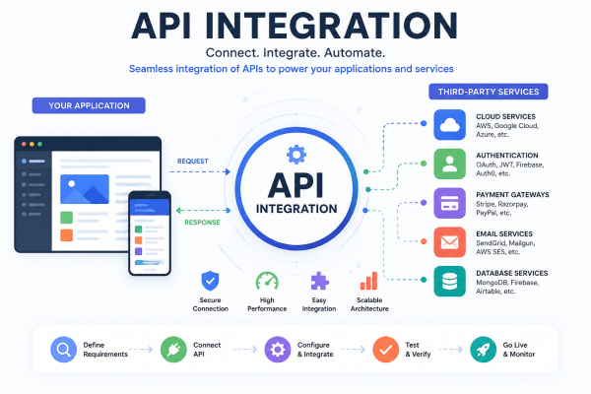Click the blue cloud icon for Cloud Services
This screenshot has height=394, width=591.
click(450, 125)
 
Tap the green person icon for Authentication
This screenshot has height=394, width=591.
click(450, 164)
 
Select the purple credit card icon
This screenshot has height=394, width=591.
click(450, 203)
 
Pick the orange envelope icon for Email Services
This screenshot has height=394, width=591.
click(450, 242)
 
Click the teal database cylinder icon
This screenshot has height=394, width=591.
click(450, 282)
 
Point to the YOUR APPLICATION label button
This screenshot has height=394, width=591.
click(89, 105)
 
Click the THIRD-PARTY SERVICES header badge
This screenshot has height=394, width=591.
click(489, 92)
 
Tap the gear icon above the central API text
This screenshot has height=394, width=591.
click(296, 155)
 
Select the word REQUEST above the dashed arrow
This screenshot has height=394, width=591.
click(193, 161)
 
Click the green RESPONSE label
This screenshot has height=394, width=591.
click(202, 222)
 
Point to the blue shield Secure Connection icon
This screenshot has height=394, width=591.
click(210, 281)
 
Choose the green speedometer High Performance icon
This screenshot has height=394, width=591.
click(267, 282)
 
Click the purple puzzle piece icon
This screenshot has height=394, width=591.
click(319, 281)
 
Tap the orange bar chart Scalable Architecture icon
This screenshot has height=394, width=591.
click(369, 281)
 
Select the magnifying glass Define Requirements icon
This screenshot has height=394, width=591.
click(63, 350)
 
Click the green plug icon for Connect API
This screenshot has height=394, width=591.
click(173, 350)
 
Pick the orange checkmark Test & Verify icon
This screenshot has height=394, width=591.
click(385, 350)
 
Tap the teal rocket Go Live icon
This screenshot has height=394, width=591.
click(484, 350)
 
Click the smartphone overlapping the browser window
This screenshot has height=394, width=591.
click(150, 233)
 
